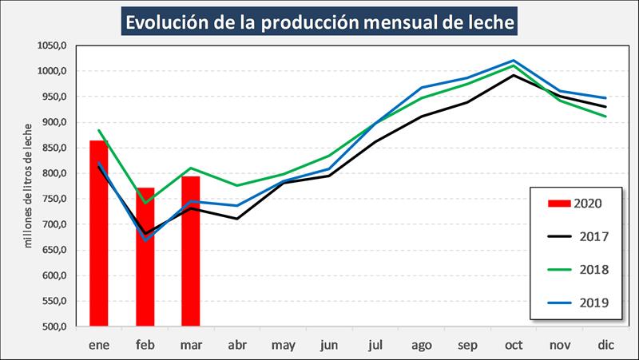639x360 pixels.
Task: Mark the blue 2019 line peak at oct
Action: click(514, 61)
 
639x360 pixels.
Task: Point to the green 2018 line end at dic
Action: click(605, 117)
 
